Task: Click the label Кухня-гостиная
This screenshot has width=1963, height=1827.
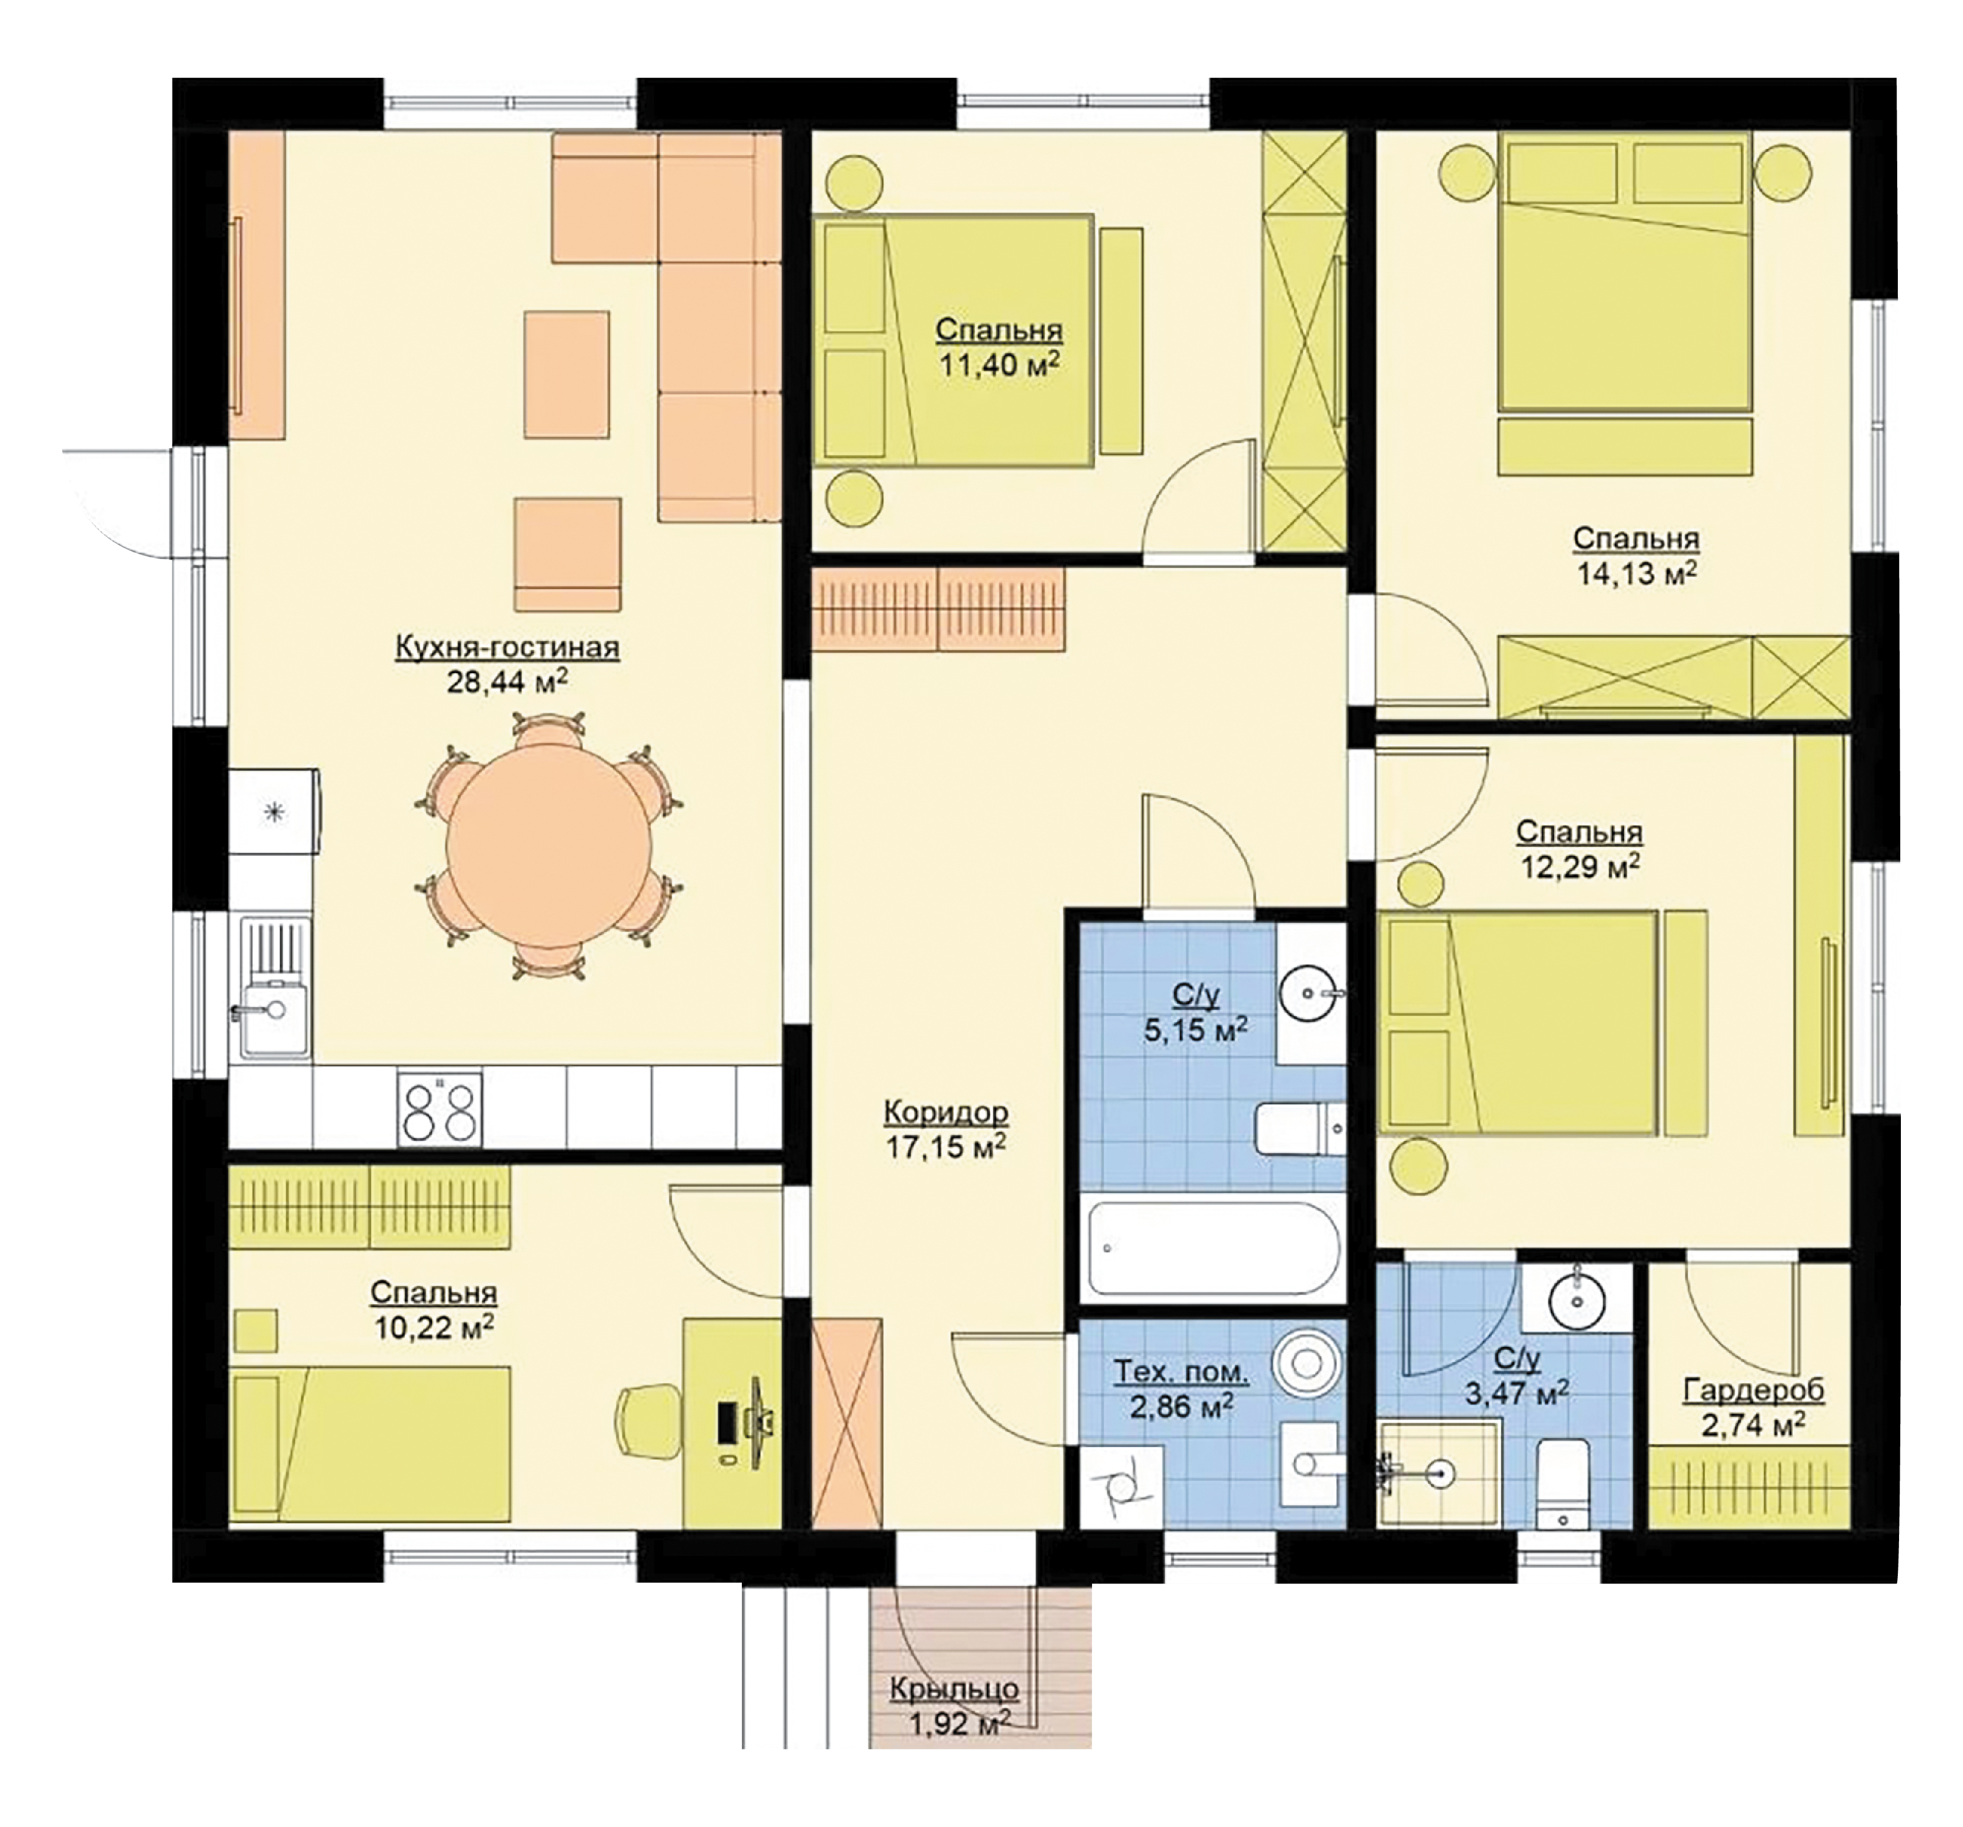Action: [507, 648]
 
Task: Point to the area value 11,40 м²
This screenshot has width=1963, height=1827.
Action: [999, 365]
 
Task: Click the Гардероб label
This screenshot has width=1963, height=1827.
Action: [1753, 1392]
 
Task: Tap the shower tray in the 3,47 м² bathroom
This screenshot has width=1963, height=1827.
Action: [1440, 1474]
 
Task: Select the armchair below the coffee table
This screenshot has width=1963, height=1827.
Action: [567, 555]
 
